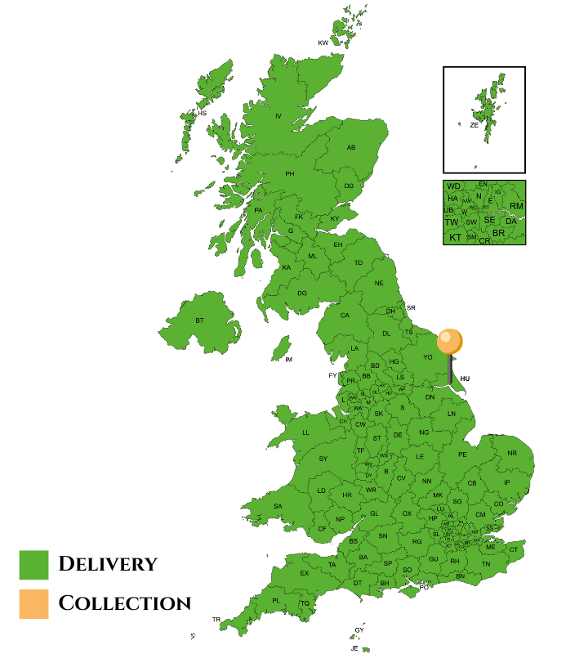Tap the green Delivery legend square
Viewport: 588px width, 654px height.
33,564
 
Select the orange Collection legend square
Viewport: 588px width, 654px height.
33,604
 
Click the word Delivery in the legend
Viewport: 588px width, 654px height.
108,564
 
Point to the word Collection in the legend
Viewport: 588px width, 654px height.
125,604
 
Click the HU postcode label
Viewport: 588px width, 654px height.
465,379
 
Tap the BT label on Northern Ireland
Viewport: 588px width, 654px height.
199,320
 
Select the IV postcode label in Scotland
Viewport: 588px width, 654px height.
278,117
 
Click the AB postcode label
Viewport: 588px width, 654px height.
351,148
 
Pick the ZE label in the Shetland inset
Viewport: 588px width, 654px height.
474,126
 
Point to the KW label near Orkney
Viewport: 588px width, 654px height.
323,43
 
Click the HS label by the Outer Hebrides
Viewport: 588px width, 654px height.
202,113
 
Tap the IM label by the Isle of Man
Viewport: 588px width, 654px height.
288,360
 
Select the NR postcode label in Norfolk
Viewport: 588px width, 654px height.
512,453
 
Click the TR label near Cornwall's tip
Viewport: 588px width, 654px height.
216,620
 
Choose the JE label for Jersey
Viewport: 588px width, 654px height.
354,648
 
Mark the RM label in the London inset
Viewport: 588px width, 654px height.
516,206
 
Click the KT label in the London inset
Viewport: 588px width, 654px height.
455,238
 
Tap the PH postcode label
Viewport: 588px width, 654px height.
289,174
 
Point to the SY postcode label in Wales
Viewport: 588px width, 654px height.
323,459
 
